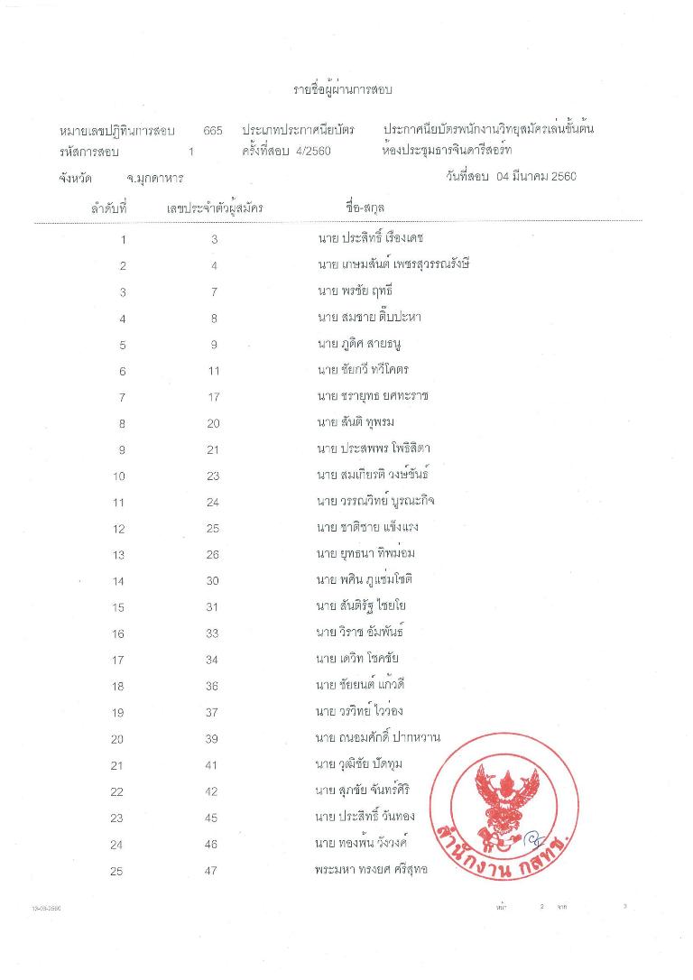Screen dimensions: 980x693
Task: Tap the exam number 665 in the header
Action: pos(213,131)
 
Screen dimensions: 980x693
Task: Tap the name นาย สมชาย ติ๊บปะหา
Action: pos(369,318)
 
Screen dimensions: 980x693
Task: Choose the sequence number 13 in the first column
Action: pos(118,555)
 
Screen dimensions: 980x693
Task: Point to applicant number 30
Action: pos(213,581)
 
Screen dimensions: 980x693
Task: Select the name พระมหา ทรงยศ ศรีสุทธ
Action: pos(371,870)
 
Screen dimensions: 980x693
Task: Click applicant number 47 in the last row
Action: pos(213,871)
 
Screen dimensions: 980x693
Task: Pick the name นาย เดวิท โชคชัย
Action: pos(357,660)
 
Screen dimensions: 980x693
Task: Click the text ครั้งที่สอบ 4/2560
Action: pos(286,151)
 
